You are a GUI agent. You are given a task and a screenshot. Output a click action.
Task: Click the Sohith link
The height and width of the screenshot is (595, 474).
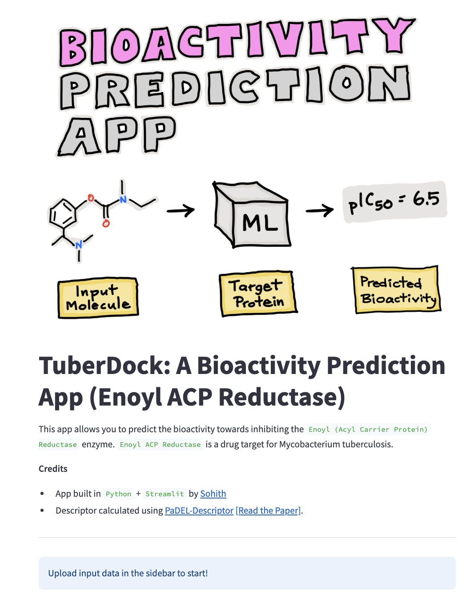[x=213, y=494]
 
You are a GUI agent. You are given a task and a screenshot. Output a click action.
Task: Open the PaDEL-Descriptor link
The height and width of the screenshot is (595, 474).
[x=199, y=511]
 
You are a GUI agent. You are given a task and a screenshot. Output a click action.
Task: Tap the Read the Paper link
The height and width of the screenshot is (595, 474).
[x=268, y=511]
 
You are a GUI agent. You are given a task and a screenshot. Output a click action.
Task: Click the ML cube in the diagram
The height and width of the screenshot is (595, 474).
[x=253, y=215]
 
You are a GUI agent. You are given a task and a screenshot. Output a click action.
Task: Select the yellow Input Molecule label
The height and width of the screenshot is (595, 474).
[x=98, y=298]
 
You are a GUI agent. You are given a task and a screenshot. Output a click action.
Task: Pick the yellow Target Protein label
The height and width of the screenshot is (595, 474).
[x=258, y=293]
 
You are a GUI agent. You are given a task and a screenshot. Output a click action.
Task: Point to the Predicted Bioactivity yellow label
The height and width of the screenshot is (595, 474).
[x=396, y=290]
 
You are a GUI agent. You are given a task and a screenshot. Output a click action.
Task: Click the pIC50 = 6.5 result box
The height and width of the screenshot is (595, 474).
[x=394, y=202]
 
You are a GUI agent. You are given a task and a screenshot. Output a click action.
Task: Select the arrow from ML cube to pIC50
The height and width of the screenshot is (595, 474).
[x=319, y=210]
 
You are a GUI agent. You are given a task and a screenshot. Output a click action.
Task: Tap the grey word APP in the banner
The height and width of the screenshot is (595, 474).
[x=117, y=135]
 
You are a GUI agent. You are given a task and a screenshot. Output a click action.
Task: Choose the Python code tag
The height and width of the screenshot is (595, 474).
[x=118, y=494]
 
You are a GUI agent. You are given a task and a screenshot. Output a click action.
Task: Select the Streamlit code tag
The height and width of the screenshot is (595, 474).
[x=165, y=494]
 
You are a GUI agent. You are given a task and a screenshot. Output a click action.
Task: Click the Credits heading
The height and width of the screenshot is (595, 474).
[x=53, y=469]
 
